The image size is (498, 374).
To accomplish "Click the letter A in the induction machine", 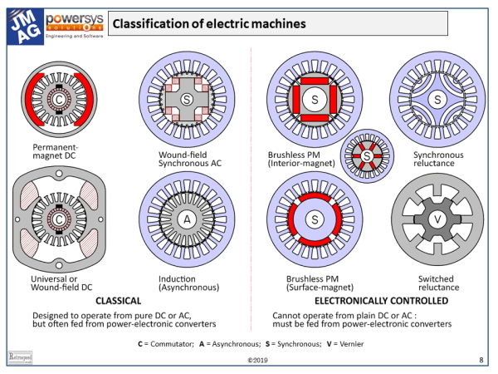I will coord(188,219).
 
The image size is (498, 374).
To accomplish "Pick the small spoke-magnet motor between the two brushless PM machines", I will coord(367,155).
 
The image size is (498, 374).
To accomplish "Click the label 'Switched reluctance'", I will coord(437,279).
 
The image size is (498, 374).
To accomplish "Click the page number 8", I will coord(482,360).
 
